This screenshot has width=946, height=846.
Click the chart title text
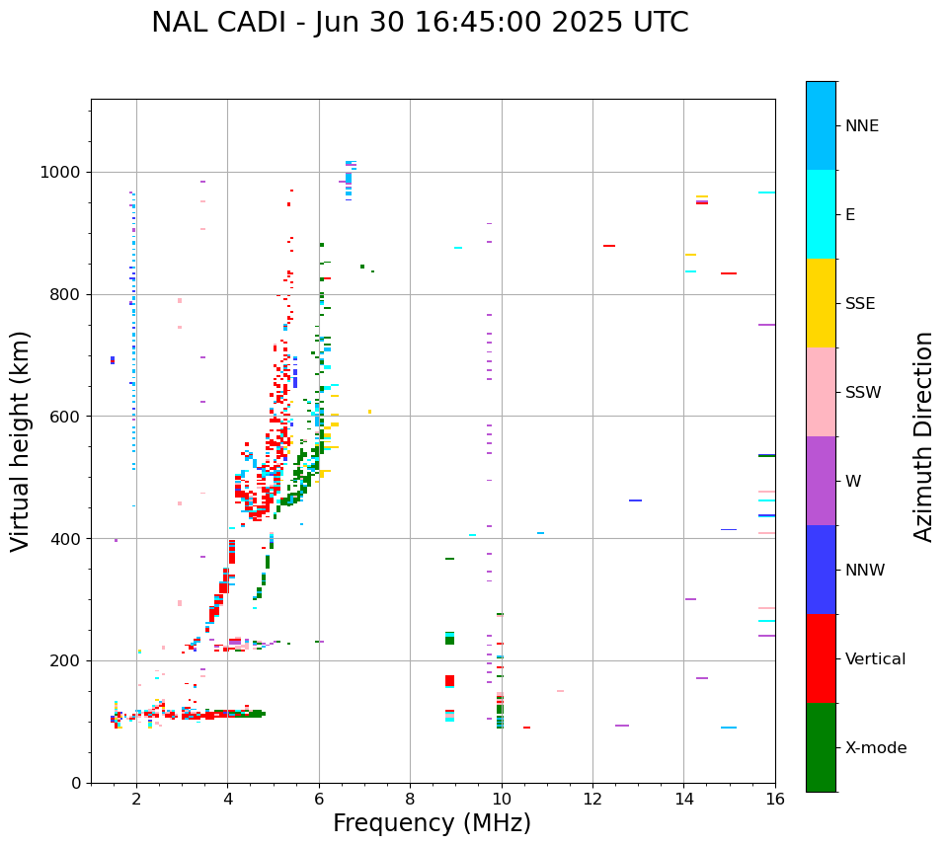420,23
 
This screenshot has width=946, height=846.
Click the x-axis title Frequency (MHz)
432,823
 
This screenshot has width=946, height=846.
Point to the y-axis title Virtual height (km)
21,440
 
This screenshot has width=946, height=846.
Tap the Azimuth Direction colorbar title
923,436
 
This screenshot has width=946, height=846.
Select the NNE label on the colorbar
862,126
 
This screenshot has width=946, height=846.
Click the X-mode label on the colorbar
876,748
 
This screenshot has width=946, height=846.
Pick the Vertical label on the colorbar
876,659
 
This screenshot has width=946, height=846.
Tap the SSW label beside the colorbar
863,393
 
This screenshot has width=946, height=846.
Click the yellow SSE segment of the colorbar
821,303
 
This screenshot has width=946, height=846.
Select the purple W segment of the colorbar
821,481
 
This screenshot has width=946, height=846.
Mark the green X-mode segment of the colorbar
821,747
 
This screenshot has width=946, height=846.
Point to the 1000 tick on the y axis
65,173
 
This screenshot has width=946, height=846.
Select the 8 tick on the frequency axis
410,799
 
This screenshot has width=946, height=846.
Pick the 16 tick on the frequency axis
774,799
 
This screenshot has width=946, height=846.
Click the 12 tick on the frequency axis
592,799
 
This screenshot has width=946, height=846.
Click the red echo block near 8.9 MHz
449,680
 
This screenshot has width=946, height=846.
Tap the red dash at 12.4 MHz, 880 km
609,246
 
